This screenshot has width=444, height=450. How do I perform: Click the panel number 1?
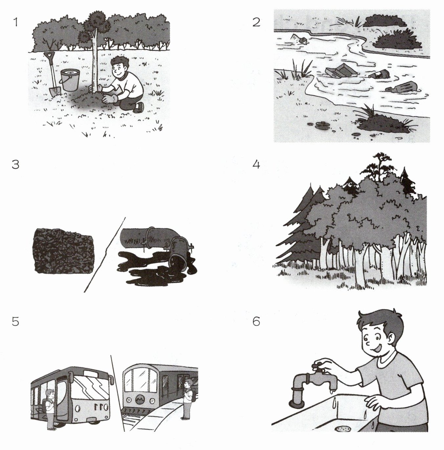16,22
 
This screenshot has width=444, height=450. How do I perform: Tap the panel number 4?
256,165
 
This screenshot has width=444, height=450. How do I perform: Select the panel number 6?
256,322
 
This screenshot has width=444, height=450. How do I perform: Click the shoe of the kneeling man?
139,108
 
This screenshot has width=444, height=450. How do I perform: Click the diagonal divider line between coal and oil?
104,255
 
